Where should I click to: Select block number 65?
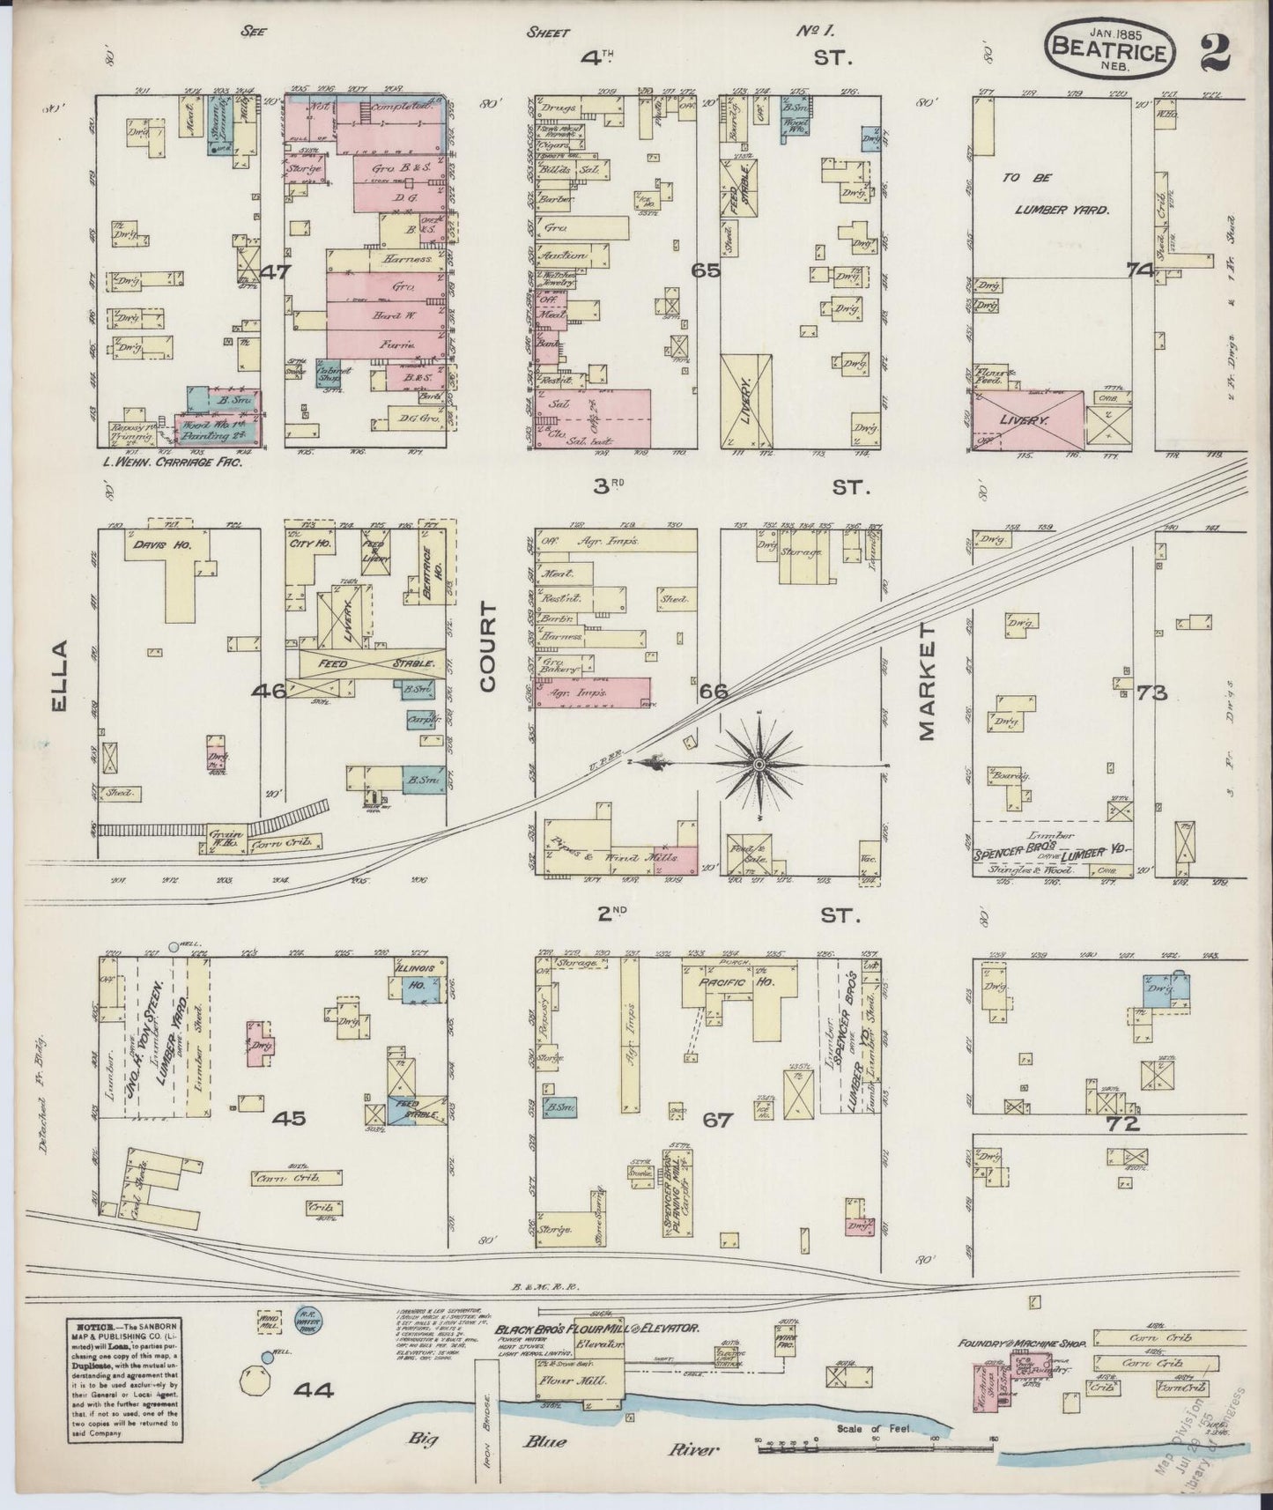point(706,271)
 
